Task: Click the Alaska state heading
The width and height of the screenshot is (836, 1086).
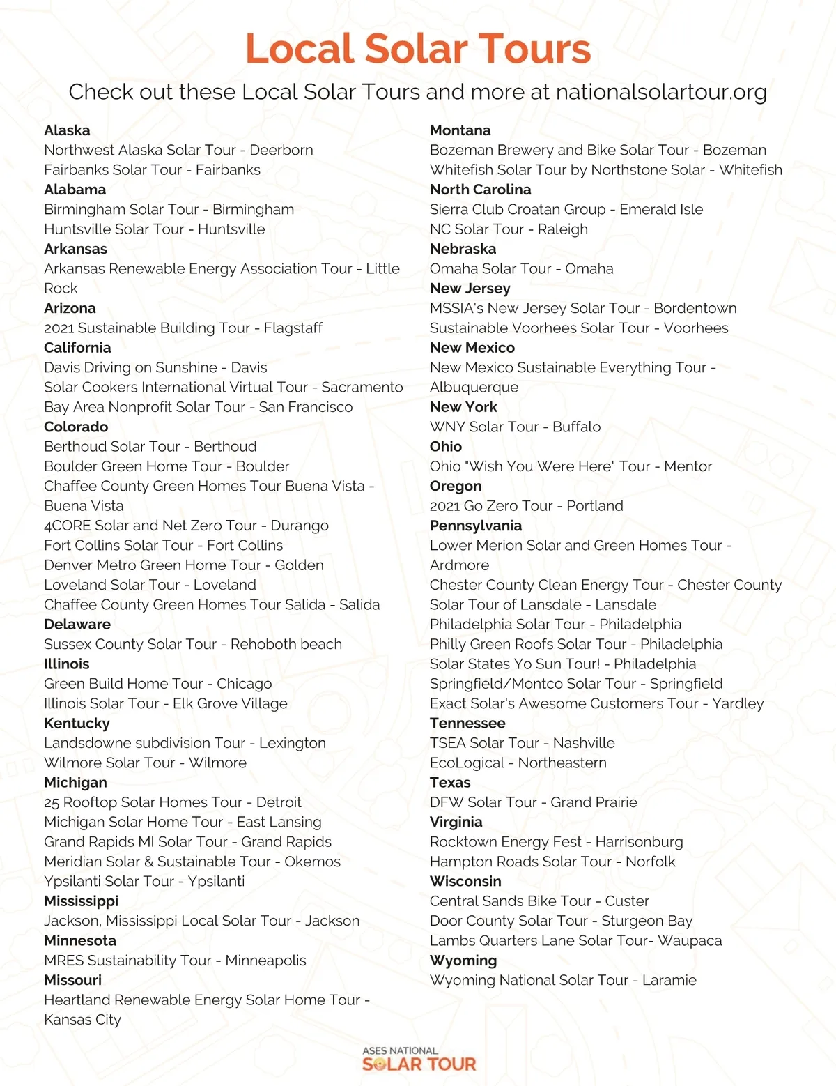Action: point(67,130)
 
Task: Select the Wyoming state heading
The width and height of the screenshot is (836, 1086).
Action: point(463,961)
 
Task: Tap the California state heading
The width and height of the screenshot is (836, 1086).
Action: point(77,348)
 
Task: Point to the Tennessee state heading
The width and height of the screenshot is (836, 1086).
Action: point(467,724)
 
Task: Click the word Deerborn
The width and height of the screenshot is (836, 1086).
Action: point(281,150)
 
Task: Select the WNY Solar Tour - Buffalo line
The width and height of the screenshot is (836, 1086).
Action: point(515,427)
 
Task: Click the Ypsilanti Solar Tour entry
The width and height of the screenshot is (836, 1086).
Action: point(144,881)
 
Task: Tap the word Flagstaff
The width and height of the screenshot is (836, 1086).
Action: point(293,328)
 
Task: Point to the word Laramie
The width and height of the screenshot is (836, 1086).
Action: point(669,980)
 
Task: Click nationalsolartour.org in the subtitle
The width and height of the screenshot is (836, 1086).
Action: point(662,92)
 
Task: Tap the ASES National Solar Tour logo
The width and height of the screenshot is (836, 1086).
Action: point(419,1059)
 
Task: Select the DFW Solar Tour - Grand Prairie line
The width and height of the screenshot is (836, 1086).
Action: point(533,802)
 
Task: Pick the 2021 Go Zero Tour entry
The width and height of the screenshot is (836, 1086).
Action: point(526,506)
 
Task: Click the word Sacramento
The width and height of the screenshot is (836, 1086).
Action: point(362,388)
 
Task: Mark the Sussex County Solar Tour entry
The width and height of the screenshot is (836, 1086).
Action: point(193,644)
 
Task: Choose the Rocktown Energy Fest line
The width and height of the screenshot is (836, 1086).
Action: point(556,842)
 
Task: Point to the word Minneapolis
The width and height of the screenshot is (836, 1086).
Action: point(266,961)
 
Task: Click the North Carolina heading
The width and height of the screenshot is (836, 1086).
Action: point(480,190)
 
